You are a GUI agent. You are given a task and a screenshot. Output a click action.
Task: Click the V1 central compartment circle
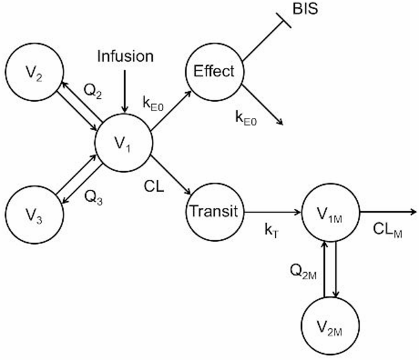coord(124,145)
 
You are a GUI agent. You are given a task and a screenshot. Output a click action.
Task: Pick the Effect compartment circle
coord(214,72)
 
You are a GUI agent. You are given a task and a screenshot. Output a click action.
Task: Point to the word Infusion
coord(125,57)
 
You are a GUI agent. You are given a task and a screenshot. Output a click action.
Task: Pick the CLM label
coord(387,232)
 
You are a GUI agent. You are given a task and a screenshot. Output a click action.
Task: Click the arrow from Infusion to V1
coord(125,89)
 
